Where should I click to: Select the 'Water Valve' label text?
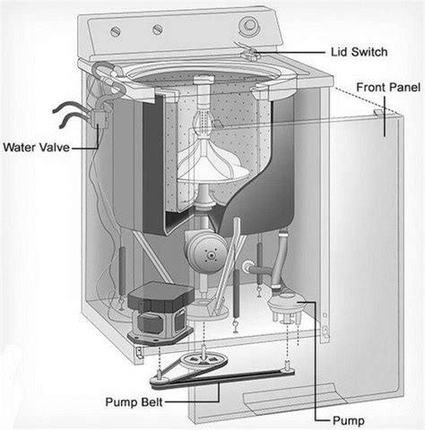38,146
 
